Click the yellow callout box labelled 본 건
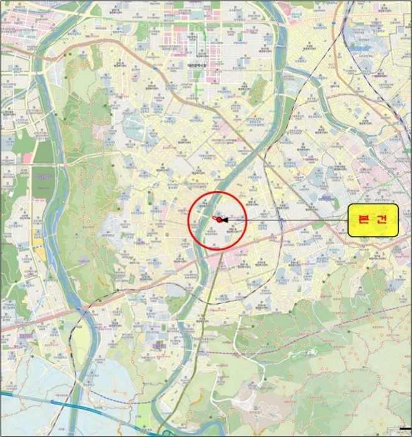click(372, 220)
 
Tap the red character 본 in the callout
click(362, 220)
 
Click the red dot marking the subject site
click(215, 219)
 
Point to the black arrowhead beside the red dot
click(223, 220)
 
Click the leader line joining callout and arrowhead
click(287, 220)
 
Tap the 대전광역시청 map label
click(199, 64)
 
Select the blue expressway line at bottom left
click(37, 400)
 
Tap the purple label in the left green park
click(43, 175)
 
